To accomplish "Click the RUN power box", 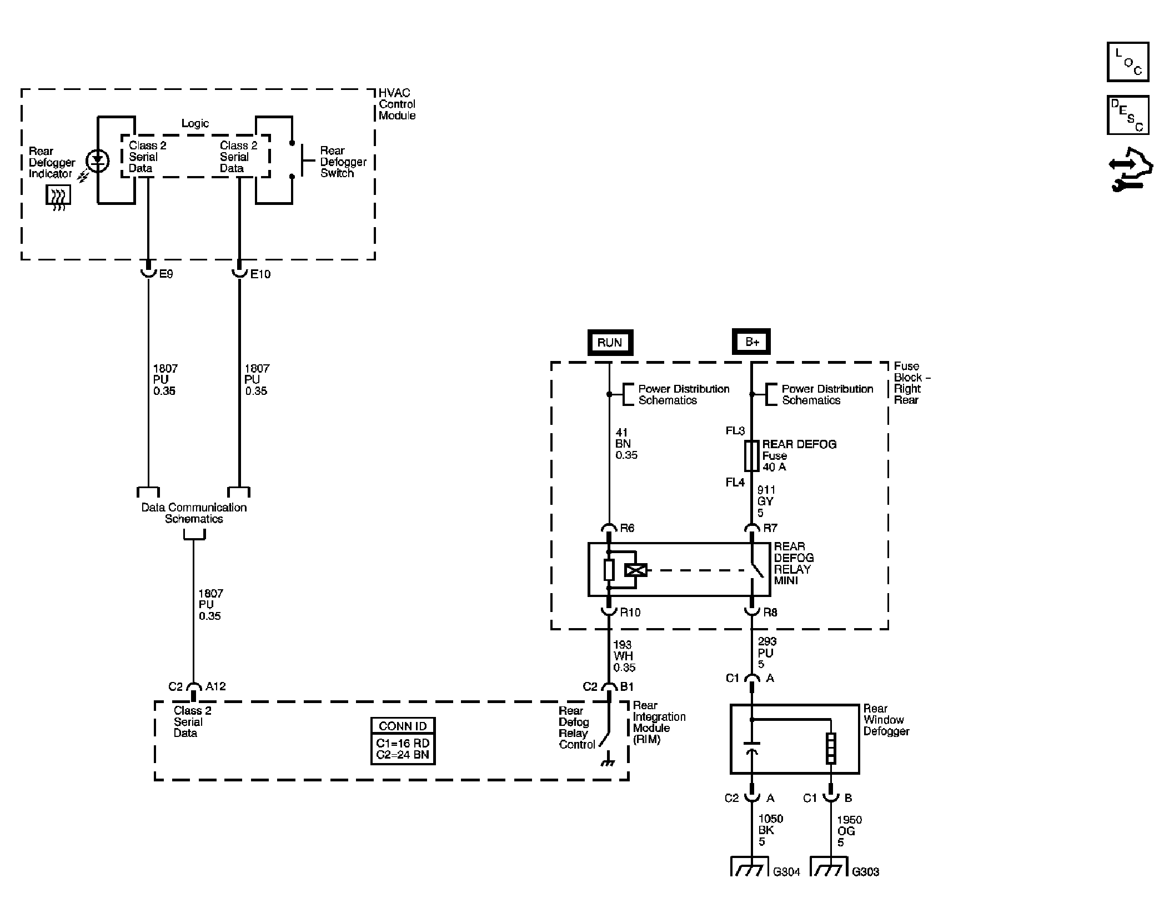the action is pos(610,342).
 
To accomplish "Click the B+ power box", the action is pos(751,342).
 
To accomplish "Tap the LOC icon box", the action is pos(1127,62).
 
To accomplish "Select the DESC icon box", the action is pos(1127,115).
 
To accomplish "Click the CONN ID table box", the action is pos(403,741).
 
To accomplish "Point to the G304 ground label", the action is pos(786,872).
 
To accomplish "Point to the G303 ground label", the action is pos(865,872).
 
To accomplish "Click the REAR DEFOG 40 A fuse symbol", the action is pos(751,456).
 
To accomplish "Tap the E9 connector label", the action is pos(166,274).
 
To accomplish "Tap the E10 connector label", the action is pos(260,274).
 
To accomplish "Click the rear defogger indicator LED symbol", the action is pos(98,161).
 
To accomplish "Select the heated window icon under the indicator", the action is pos(58,198).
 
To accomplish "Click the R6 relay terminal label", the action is pos(627,528).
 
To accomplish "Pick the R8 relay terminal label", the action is pos(770,613).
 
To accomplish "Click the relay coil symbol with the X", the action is pos(636,570).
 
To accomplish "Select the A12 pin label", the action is pos(215,686).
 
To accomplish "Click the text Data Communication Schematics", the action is pos(194,513).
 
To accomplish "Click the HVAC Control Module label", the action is pos(397,104).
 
